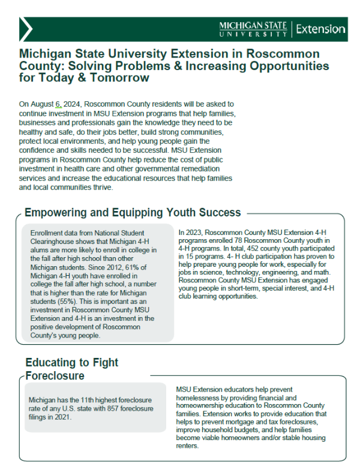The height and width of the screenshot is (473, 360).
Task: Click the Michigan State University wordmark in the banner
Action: click(254, 29)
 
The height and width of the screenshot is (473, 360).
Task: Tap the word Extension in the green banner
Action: click(321, 29)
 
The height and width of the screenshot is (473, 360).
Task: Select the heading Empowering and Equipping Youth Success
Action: click(133, 212)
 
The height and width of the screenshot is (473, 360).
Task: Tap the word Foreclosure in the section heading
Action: click(55, 376)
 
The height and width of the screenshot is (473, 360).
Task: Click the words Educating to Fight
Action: click(71, 362)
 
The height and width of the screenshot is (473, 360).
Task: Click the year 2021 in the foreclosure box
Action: click(61, 417)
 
